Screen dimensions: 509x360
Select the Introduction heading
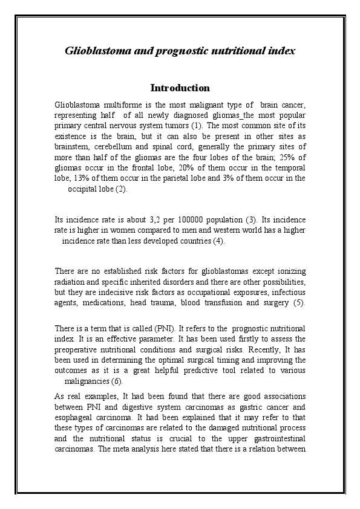point(180,88)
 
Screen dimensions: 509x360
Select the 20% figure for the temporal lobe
point(155,168)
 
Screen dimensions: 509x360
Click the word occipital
point(84,189)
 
